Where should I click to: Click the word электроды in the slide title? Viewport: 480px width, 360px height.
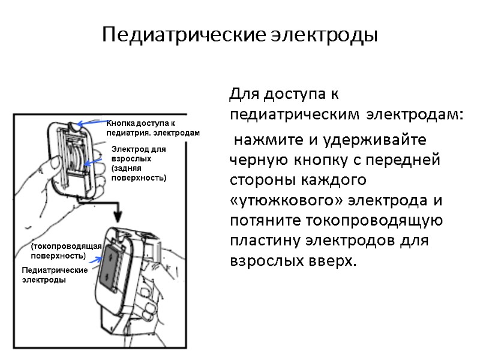coord(325,35)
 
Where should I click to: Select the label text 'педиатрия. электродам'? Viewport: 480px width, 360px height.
coord(152,133)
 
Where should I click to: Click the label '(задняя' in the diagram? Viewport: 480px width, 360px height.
coord(125,169)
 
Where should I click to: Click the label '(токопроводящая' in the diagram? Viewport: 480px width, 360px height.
coord(67,247)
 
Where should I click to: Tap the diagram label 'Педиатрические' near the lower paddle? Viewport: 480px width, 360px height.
coord(55,271)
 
